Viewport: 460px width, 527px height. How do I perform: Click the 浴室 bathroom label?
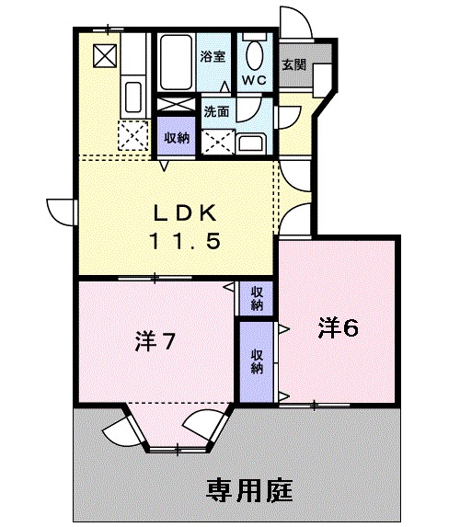pos(213,56)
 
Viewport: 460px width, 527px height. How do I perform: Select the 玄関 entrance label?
pos(293,65)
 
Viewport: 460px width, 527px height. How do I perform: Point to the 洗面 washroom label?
pos(216,113)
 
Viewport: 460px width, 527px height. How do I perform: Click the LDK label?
pos(184,212)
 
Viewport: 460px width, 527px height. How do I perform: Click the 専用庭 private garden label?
pos(249,488)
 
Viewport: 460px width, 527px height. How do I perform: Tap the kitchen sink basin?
pos(132,96)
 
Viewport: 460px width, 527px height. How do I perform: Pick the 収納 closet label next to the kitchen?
pos(177,137)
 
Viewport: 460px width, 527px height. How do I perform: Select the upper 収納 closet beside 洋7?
pos(257,297)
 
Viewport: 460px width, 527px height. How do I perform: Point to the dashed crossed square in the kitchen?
pos(135,136)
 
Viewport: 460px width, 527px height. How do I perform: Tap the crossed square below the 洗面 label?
pos(218,143)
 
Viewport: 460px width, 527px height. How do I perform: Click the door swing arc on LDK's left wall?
pos(60,210)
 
